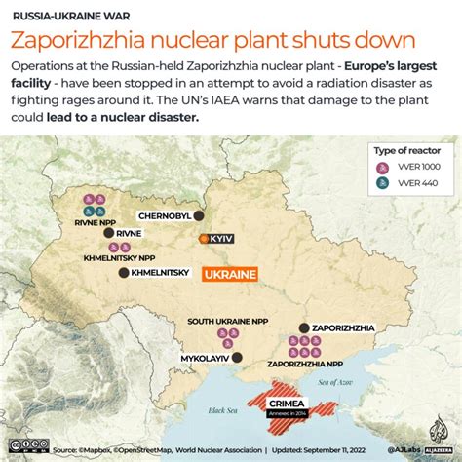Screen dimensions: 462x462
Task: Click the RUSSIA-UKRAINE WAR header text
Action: coord(63,17)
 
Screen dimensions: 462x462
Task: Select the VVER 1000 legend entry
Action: coord(415,166)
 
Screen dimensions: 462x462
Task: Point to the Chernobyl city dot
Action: coord(199,215)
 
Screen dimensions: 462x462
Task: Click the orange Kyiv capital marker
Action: coord(204,238)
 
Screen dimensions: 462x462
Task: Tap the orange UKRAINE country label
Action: coord(230,275)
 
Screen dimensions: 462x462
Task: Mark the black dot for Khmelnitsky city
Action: coord(123,273)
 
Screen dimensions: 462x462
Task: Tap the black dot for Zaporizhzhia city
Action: coord(303,328)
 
